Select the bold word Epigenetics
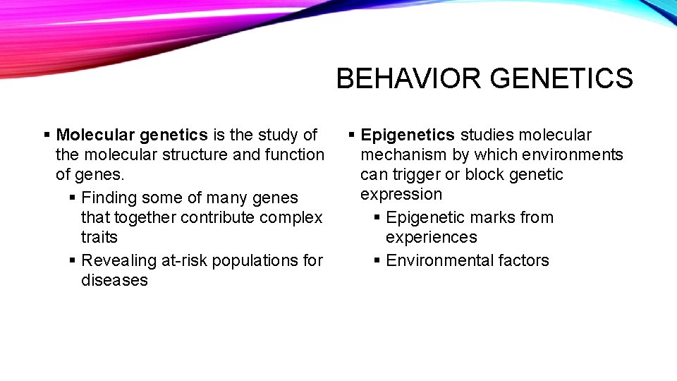pos(408,135)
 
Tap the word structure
pos(195,155)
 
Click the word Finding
pos(110,198)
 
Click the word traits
pos(99,238)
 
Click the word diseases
pos(114,280)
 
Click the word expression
pos(401,194)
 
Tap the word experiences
pos(431,238)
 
